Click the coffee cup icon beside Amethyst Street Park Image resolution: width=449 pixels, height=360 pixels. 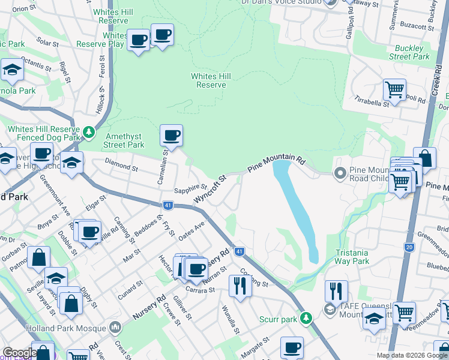click(171, 136)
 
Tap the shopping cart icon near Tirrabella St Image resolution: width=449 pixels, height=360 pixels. click(394, 90)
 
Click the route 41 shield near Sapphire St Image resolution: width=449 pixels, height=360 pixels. click(169, 205)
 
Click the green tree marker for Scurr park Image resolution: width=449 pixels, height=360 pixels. click(306, 317)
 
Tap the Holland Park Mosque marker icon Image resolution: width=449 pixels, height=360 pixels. click(115, 328)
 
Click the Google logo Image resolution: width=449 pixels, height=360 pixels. click(19, 352)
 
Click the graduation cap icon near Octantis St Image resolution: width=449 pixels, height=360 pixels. click(11, 70)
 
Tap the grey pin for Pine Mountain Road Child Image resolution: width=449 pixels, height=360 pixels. click(340, 173)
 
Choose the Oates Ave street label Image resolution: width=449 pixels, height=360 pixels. click(191, 229)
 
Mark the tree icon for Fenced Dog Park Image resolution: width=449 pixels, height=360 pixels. click(89, 130)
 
